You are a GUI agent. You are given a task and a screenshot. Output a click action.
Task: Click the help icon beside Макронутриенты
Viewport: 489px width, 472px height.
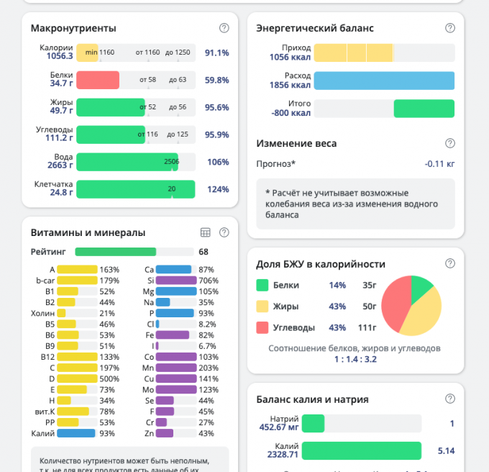(x=224, y=28)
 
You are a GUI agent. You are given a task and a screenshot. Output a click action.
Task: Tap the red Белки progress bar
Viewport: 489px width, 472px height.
(x=97, y=80)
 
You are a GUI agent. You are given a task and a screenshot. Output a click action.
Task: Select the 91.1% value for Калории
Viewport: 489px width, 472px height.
(x=216, y=53)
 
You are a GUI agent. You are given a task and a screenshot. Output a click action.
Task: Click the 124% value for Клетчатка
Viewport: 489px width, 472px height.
(x=217, y=190)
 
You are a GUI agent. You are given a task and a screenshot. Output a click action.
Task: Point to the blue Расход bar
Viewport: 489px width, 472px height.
(x=384, y=81)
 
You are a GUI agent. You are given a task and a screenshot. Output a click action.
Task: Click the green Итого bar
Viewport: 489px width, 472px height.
(x=424, y=109)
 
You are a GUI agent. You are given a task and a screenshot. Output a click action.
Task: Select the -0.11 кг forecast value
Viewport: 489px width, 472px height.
(x=439, y=164)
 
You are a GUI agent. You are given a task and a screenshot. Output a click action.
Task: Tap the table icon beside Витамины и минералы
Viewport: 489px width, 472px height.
(x=205, y=232)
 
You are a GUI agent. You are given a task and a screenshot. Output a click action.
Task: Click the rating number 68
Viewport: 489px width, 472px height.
(x=204, y=252)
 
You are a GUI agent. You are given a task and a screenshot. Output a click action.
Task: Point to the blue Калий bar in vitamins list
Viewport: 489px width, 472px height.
(x=76, y=433)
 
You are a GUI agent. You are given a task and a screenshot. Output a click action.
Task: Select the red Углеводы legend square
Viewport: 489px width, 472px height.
(x=262, y=327)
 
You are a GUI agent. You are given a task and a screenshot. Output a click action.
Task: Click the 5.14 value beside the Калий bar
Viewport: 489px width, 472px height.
(x=446, y=451)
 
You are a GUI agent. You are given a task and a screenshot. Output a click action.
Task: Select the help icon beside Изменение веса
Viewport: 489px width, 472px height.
(x=450, y=143)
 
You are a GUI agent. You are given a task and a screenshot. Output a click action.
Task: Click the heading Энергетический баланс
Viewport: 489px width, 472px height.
(x=315, y=28)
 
